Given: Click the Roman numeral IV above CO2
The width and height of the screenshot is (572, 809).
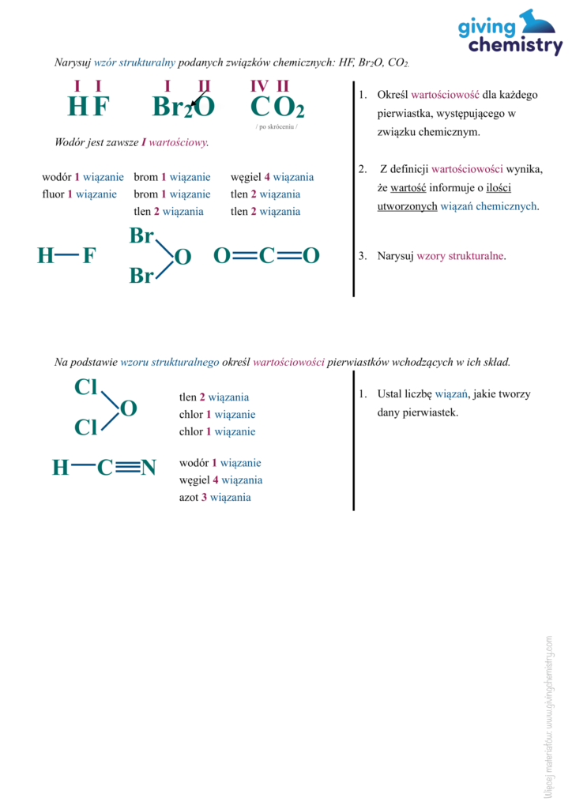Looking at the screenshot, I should (259, 86).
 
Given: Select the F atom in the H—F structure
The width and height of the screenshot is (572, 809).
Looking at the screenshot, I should (89, 255).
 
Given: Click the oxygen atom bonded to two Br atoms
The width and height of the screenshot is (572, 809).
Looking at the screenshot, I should (183, 257).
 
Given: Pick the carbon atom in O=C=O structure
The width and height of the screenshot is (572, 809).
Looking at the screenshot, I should (266, 255).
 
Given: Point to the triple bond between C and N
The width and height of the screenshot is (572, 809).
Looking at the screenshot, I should (126, 468).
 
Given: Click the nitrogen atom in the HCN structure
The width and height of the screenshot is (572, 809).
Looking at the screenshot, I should (148, 468).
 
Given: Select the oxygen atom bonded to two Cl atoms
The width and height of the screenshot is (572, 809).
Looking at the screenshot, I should (128, 408).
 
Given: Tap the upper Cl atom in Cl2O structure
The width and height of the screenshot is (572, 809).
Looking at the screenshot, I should (85, 388).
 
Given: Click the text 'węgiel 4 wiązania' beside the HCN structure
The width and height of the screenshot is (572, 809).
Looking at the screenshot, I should (220, 480).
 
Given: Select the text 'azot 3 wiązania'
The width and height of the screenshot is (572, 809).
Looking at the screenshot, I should (215, 498).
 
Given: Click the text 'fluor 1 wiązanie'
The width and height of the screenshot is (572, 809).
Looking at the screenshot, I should (80, 194).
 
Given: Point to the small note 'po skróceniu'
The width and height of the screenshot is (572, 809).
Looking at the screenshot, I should (277, 127).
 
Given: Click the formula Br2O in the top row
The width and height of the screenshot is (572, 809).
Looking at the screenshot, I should (183, 107).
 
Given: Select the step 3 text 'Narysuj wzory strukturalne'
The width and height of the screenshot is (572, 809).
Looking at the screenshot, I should (441, 256).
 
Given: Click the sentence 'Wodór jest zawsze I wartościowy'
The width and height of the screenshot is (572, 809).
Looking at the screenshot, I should (131, 143).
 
